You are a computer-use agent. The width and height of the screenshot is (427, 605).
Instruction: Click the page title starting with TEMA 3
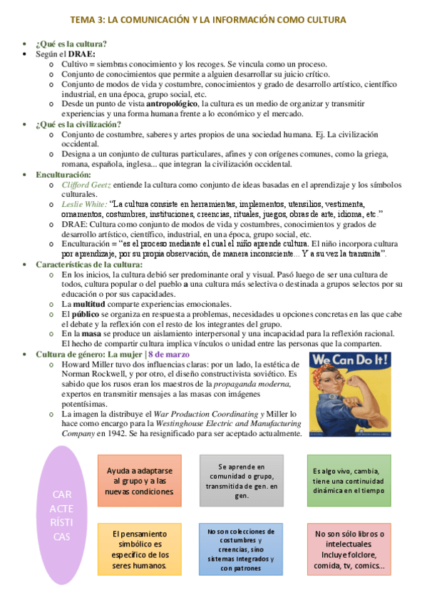click(213, 20)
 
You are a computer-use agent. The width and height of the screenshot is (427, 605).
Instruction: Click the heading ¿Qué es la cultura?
click(71, 44)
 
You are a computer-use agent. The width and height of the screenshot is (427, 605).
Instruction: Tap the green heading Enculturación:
click(63, 174)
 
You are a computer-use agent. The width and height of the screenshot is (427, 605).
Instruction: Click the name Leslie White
click(84, 203)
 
